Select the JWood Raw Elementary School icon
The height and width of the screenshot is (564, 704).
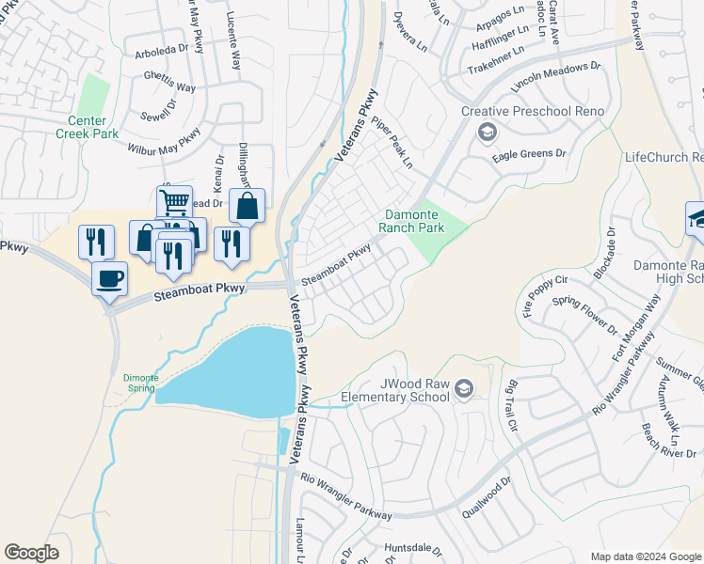pos(463,388)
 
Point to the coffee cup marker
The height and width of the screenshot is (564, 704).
pos(109,279)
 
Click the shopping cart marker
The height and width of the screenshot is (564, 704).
pos(174,203)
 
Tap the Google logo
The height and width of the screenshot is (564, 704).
pos(31,553)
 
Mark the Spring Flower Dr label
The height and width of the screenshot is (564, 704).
pos(584,317)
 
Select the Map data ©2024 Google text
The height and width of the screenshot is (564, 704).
pos(646,556)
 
